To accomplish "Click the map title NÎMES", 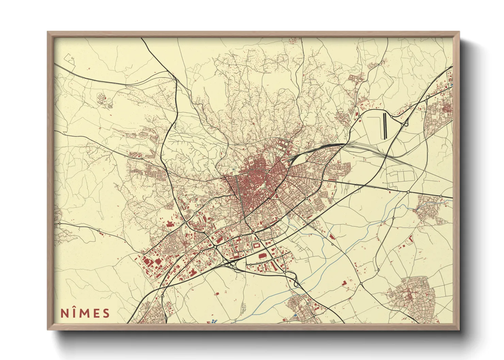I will click(x=85, y=313).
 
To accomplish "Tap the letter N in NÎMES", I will click(x=64, y=313).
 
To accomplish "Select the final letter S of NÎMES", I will click(x=106, y=313).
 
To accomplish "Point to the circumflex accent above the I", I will click(x=75, y=308).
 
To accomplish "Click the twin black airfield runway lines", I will click(x=385, y=126).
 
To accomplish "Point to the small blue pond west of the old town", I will click(x=233, y=169).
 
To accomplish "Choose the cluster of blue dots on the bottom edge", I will click(x=213, y=321).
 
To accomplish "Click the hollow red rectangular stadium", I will click(x=256, y=245).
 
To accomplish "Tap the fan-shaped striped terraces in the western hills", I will click(x=102, y=98).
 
